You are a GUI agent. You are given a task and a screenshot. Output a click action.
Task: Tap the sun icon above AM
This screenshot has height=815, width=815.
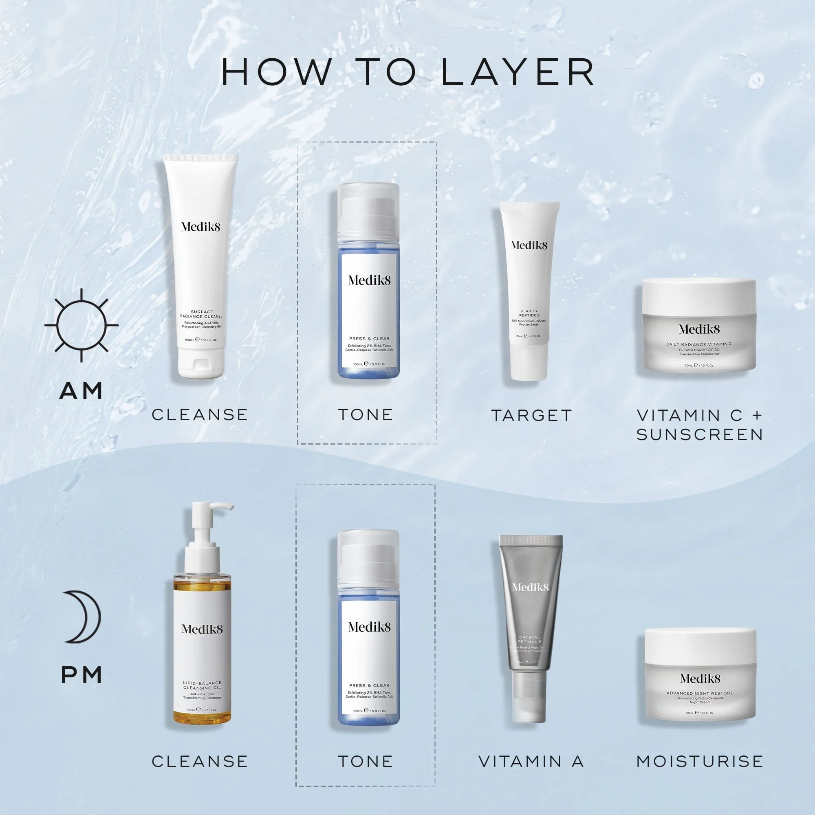click(x=81, y=325)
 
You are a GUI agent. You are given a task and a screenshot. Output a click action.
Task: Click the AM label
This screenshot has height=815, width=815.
click(x=81, y=391)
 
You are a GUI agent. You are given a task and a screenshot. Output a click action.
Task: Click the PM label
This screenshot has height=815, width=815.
click(x=81, y=675)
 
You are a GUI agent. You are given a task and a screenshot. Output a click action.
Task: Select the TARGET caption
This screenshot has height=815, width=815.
click(x=531, y=416)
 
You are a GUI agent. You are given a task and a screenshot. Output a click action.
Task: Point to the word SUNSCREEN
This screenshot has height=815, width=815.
click(x=699, y=434)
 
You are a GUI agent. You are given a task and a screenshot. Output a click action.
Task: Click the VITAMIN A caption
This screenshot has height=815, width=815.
click(x=531, y=762)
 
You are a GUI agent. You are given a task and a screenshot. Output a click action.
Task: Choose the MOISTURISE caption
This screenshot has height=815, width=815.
click(x=699, y=762)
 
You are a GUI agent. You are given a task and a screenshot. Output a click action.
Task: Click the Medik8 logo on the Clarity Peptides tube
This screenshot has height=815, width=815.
click(x=529, y=245)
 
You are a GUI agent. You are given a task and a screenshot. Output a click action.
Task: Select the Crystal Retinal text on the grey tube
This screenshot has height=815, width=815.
click(x=529, y=639)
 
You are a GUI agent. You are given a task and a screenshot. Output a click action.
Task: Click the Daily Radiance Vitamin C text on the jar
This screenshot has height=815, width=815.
click(x=699, y=344)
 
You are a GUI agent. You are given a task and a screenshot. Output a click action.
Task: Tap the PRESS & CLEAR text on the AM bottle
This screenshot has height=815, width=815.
click(x=369, y=339)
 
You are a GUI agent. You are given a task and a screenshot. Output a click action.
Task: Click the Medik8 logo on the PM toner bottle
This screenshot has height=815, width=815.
click(x=369, y=627)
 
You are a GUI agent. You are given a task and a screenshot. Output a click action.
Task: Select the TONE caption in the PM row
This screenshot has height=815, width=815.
click(x=365, y=762)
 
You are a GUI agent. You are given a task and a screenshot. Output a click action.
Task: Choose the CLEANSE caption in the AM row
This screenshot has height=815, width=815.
click(x=200, y=415)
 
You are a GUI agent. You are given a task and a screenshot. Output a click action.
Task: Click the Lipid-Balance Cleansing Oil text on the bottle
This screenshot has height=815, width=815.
click(x=202, y=685)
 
